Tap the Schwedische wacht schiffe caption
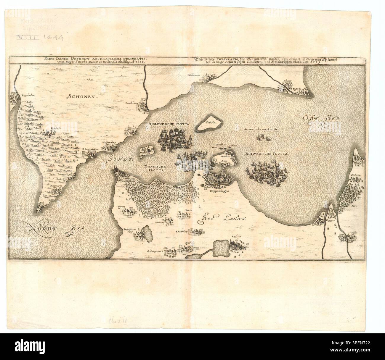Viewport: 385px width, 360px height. (261, 130)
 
